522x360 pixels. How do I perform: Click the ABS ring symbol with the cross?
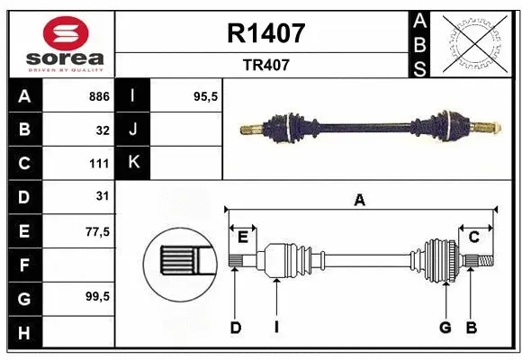point(470,44)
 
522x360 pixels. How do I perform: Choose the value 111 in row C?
point(99,164)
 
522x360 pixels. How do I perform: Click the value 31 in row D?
point(103,196)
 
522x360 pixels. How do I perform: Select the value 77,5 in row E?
point(97,231)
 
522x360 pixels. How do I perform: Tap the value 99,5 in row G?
point(97,297)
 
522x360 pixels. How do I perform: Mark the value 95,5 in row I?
point(207,96)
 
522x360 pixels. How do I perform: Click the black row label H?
point(23,333)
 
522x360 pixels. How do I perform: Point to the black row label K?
point(133,163)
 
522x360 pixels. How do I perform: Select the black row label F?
point(23,265)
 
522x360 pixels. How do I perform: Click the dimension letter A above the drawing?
point(359,200)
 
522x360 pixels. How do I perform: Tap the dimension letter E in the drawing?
point(243,237)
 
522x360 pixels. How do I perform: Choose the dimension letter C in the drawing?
point(473,237)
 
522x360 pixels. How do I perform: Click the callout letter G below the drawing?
point(445,328)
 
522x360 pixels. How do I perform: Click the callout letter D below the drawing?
point(235,328)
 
